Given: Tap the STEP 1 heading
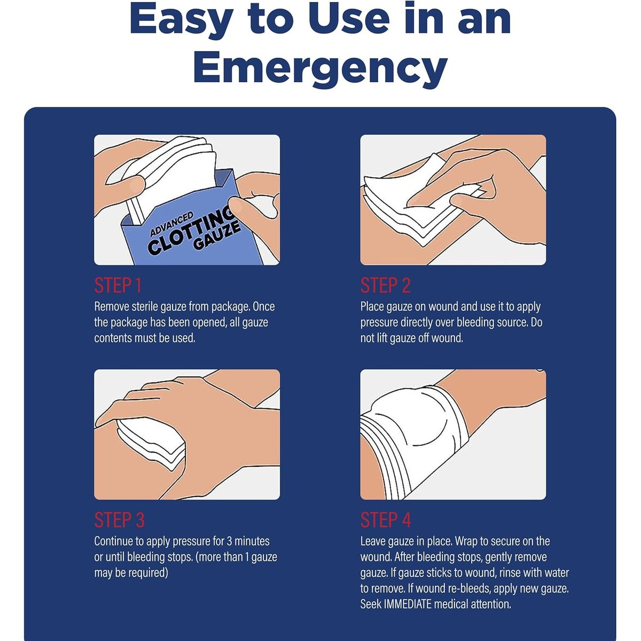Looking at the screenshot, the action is point(118,285).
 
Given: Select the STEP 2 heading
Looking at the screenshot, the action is point(386,285).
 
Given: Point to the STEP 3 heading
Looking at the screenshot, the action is point(120,520).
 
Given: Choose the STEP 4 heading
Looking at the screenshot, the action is point(386,520).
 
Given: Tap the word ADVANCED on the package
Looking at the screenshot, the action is point(171,224).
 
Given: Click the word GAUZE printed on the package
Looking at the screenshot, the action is point(217,236).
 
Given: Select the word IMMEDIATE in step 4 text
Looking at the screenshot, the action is point(408,604).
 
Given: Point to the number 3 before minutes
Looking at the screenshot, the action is point(229,541).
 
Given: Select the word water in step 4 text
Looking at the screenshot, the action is point(556,573).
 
